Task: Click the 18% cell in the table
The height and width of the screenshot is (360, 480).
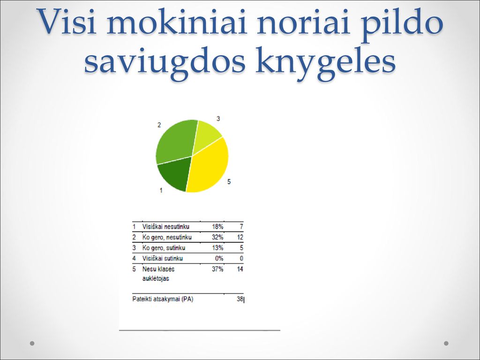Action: coord(217,226)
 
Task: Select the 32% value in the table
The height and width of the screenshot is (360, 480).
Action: coord(217,237)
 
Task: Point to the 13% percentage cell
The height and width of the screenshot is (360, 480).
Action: coord(217,247)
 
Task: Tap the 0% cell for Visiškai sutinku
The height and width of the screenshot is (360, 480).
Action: coord(219,258)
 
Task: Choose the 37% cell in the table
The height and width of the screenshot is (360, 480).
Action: coord(217,269)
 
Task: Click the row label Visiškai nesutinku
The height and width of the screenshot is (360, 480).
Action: coord(165,226)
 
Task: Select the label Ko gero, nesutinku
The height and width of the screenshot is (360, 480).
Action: coord(167,237)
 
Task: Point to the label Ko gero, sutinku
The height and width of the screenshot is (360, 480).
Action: coord(164,247)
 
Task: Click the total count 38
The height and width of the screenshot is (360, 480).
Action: coord(240,299)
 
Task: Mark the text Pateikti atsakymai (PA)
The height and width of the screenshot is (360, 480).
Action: coord(163,299)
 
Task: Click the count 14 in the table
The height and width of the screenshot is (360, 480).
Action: coord(240,269)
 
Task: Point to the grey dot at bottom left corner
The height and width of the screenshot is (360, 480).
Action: coord(32,343)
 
